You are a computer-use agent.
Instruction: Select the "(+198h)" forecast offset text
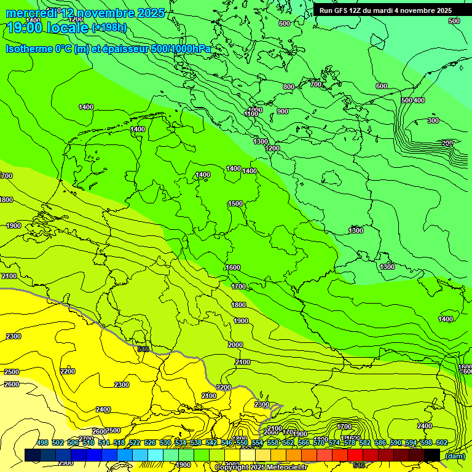[x=109, y=28]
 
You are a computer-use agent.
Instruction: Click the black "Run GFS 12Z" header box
[x=385, y=10]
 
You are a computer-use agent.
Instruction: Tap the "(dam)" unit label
[x=455, y=456]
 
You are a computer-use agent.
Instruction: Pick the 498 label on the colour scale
[x=42, y=443]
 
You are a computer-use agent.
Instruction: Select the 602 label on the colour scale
[x=442, y=443]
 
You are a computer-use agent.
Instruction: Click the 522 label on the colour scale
[x=135, y=443]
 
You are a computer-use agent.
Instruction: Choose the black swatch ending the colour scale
[x=432, y=455]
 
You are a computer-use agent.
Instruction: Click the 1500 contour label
[x=235, y=203]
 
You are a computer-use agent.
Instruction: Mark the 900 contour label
[x=282, y=111]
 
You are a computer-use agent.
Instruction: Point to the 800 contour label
[x=289, y=87]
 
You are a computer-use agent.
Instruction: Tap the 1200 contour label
[x=273, y=148]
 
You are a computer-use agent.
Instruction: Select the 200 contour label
[x=447, y=143]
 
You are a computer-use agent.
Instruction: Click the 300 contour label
[x=433, y=120]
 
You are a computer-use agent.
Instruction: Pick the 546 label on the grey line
[x=144, y=349]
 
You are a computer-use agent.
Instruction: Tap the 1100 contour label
[x=251, y=114]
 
